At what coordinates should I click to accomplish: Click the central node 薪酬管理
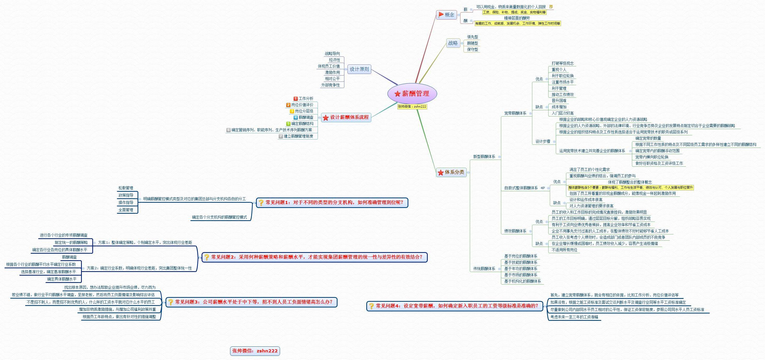coord(412,94)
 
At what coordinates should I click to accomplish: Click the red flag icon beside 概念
coord(441,15)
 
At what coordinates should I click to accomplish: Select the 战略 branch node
coord(453,43)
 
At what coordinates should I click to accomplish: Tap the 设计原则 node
coord(359,69)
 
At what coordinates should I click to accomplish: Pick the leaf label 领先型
coord(472,37)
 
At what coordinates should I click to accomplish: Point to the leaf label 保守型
coord(472,50)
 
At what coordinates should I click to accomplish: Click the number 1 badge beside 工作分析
coord(295,98)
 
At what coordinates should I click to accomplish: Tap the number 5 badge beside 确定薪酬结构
coord(288,124)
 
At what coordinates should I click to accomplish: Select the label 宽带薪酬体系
coord(515,113)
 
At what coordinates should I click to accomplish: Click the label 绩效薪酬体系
coord(515,231)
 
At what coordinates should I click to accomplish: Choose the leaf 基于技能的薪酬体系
coord(521,262)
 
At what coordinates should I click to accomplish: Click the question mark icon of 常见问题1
coord(261,203)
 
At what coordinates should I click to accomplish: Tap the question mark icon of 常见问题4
coord(371,306)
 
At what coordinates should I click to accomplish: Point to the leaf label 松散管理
coord(125,188)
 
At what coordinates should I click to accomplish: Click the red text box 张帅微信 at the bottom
coord(255,351)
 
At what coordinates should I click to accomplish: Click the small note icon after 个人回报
coord(551,7)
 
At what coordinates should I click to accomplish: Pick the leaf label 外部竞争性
coord(330,85)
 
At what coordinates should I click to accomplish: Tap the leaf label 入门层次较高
coord(562,113)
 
